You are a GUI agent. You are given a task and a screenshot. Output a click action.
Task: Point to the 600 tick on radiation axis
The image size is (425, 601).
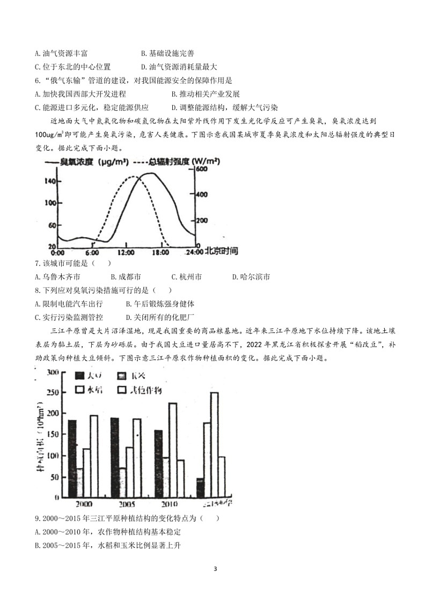click(201, 169)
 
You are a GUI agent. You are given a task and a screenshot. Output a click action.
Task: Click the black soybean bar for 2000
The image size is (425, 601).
click(72, 458)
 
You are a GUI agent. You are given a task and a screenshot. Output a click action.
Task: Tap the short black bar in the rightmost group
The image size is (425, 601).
click(200, 487)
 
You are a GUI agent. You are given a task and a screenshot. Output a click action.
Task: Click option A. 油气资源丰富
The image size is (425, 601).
click(61, 53)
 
